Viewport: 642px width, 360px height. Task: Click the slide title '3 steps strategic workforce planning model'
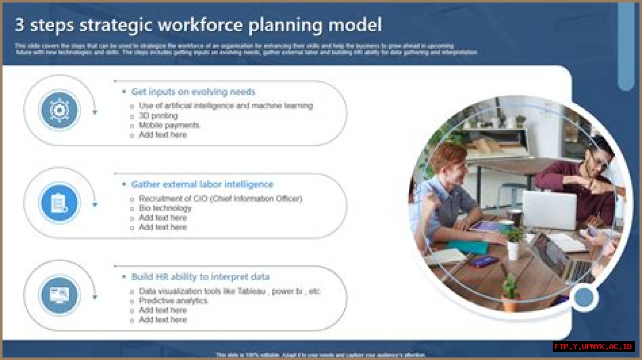coord(198,25)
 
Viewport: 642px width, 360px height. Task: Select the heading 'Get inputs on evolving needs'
coord(193,92)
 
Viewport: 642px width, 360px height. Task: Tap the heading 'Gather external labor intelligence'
coord(202,185)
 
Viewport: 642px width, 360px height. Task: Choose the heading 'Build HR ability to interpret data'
coord(200,277)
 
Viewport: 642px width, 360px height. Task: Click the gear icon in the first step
coord(60,110)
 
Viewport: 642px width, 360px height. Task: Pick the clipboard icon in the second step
coord(60,203)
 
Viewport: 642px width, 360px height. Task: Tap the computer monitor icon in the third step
coord(60,295)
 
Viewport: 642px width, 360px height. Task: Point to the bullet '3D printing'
coord(158,116)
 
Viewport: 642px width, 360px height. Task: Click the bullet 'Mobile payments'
coord(169,125)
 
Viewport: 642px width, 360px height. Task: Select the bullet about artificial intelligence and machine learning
coord(226,106)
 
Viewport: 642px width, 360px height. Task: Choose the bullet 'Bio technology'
coord(165,208)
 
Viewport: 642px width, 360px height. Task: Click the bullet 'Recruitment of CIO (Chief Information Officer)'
coord(220,199)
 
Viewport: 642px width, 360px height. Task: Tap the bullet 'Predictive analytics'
coord(173,301)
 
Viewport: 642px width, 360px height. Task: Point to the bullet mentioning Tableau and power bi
coord(229,291)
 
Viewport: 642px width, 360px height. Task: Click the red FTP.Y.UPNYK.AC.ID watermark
coord(594,346)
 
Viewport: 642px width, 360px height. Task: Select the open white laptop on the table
coord(549,210)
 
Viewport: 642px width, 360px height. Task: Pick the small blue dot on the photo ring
coord(584,298)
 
